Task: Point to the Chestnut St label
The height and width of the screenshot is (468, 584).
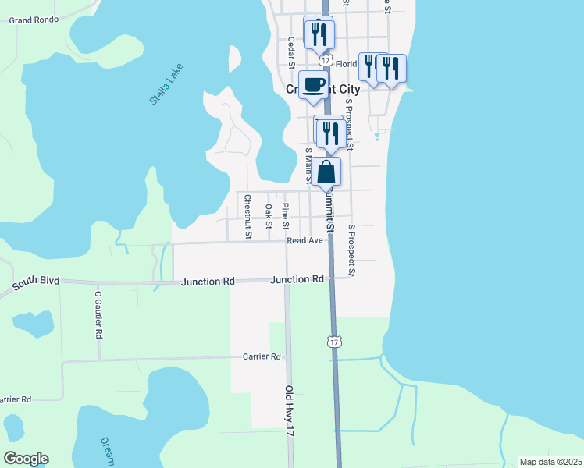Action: pyautogui.click(x=247, y=216)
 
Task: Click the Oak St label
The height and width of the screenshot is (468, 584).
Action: pyautogui.click(x=269, y=216)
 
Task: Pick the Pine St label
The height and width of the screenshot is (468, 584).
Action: pyautogui.click(x=286, y=216)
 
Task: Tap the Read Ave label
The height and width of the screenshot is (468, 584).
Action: pyautogui.click(x=304, y=241)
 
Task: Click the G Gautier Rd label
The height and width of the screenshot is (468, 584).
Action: pyautogui.click(x=99, y=315)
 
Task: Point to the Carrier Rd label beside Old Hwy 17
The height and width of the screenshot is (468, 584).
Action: pyautogui.click(x=262, y=356)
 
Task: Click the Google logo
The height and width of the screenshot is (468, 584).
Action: pyautogui.click(x=26, y=459)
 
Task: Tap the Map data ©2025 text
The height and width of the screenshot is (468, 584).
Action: pyautogui.click(x=550, y=462)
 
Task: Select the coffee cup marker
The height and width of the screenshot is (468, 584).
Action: pyautogui.click(x=313, y=85)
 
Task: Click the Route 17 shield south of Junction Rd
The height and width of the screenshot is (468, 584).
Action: pyautogui.click(x=334, y=342)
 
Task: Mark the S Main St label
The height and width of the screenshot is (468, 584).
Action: pyautogui.click(x=308, y=165)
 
